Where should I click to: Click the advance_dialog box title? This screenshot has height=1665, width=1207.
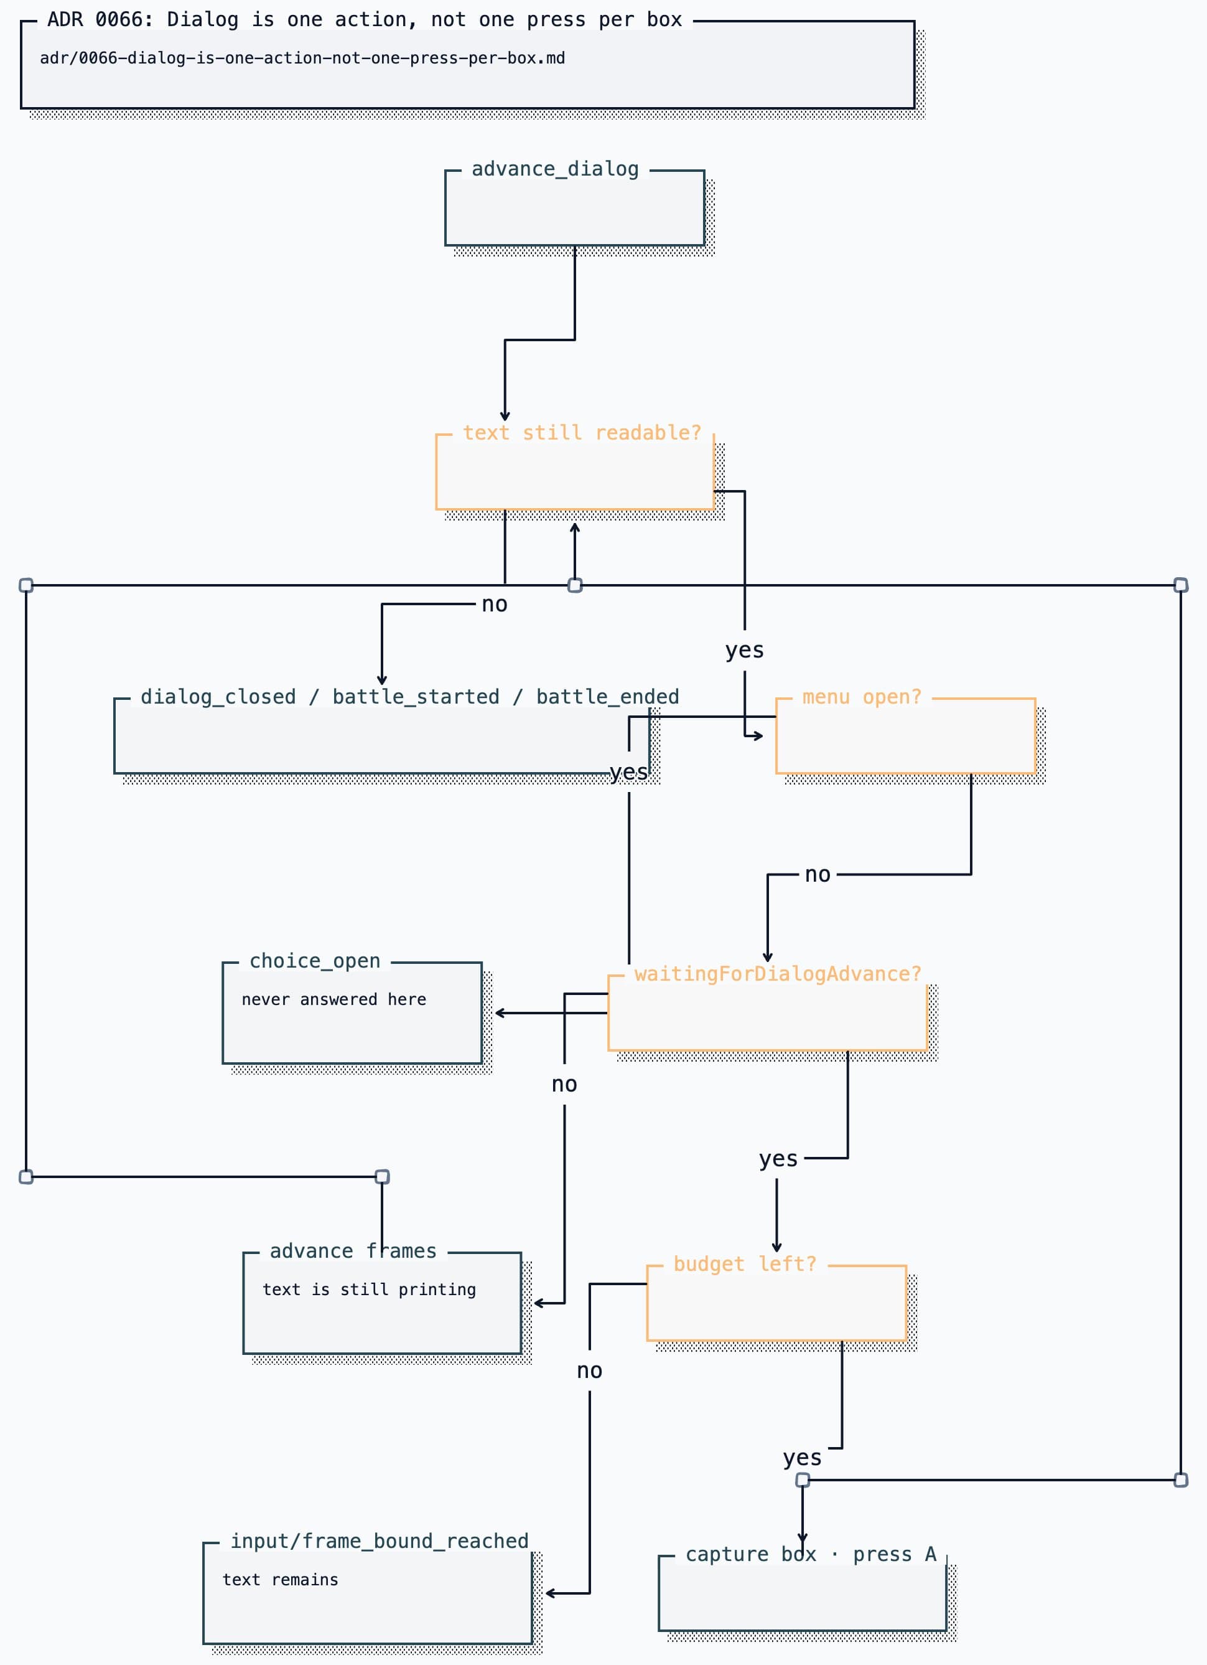555,169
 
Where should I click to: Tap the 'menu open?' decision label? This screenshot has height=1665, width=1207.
862,697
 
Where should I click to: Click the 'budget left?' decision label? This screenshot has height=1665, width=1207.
745,1263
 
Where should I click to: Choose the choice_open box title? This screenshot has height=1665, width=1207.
315,960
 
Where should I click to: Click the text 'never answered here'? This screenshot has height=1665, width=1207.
334,999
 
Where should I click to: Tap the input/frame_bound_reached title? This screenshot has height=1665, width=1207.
380,1541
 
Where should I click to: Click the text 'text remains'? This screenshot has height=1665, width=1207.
281,1579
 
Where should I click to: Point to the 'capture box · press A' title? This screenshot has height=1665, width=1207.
811,1554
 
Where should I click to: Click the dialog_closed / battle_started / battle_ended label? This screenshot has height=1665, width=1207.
409,697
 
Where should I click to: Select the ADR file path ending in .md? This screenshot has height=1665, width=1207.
302,58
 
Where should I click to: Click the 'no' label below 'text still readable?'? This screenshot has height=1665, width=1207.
495,604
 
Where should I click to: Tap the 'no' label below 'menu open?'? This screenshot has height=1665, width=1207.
818,874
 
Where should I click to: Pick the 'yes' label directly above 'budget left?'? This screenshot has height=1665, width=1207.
778,1158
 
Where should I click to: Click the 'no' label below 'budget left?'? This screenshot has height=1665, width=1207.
589,1370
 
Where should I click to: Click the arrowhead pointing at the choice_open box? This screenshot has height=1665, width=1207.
499,1013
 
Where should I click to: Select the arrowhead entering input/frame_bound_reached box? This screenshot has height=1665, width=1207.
549,1593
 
